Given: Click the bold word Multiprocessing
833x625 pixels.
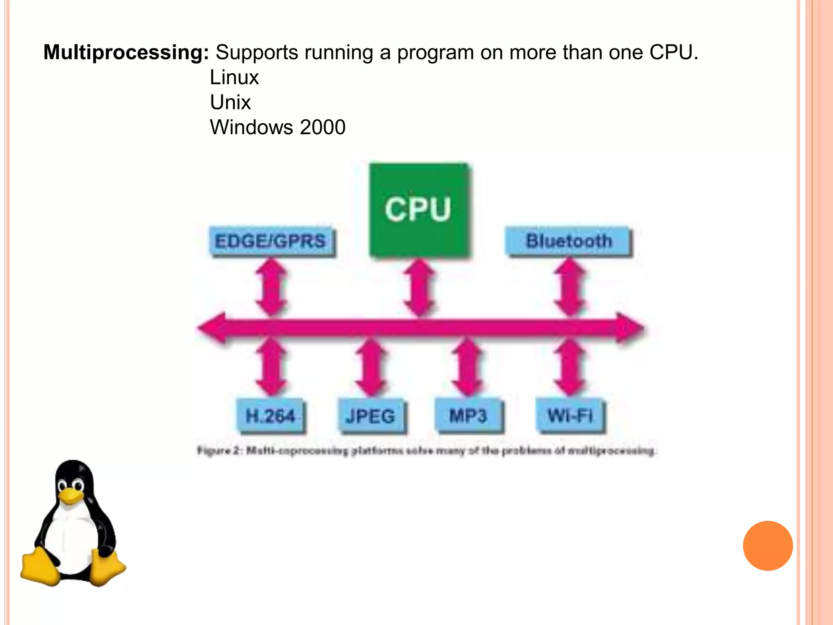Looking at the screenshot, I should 126,52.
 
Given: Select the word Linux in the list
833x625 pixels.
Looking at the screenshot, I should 234,77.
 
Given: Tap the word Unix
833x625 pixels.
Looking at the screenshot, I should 230,102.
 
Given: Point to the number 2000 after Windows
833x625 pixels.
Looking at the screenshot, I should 323,127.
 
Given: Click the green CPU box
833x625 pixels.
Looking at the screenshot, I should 419,210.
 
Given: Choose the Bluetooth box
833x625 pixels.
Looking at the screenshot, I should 568,241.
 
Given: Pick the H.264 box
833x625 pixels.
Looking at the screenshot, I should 270,416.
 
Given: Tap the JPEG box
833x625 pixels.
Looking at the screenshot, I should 371,416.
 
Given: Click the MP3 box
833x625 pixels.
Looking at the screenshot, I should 468,416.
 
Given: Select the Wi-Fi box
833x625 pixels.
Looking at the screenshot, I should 570,416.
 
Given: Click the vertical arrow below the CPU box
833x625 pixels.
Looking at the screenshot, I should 419,288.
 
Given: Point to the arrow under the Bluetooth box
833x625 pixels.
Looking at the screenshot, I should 570,288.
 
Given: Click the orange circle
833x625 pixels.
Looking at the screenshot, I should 768,546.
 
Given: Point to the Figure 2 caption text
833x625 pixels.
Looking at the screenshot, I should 426,451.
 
